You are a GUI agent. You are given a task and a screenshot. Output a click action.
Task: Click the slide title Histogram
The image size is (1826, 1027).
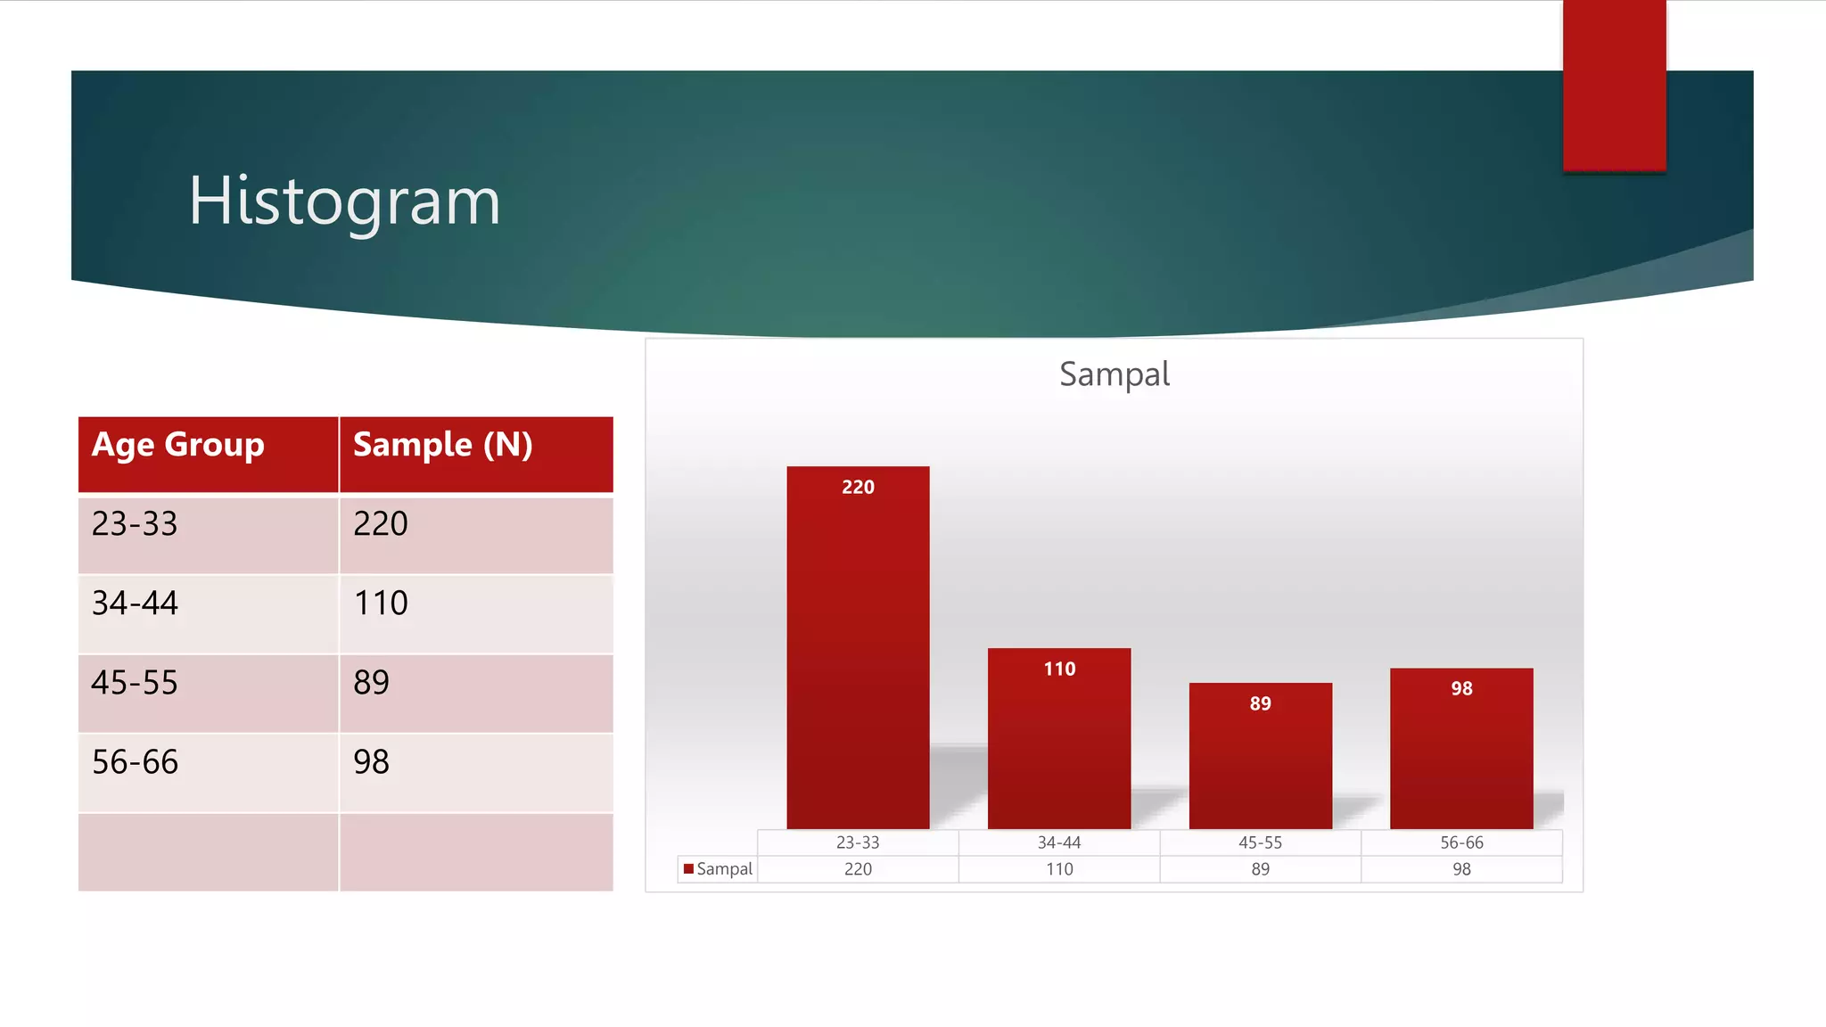[344, 201]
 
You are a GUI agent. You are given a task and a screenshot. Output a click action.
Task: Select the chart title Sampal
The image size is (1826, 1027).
[1114, 374]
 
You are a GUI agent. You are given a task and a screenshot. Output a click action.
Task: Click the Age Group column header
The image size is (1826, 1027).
[178, 445]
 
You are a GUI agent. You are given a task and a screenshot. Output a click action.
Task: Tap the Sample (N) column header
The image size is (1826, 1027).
[442, 445]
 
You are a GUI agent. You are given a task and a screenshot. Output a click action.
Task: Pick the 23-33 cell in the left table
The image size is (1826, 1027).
[135, 524]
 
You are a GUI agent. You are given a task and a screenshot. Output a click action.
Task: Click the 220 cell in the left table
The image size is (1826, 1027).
[381, 524]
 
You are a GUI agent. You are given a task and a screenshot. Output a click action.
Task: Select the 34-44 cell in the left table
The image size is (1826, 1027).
[135, 604]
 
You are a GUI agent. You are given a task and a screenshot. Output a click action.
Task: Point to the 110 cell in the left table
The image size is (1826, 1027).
[381, 604]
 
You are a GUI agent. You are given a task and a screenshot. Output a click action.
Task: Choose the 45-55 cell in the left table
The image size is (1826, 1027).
[135, 683]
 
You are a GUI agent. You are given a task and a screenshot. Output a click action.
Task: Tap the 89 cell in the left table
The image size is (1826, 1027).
[371, 683]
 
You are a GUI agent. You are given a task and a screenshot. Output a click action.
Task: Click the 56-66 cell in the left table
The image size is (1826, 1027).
[135, 762]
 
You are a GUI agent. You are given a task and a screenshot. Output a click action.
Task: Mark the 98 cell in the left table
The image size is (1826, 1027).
[371, 762]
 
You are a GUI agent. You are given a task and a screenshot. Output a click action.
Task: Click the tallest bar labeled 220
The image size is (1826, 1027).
[858, 651]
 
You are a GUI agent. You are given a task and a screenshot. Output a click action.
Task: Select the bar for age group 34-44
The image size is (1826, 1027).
[1059, 740]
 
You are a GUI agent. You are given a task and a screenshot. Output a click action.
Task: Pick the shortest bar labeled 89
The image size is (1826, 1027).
[1260, 758]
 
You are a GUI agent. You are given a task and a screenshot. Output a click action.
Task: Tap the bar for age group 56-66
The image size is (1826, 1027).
[1461, 749]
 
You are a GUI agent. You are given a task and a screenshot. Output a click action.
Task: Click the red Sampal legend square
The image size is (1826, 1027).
[688, 868]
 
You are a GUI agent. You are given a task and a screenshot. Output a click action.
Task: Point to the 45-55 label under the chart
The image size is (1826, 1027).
[1260, 842]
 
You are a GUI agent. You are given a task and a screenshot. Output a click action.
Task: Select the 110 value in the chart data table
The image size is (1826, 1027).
[1059, 869]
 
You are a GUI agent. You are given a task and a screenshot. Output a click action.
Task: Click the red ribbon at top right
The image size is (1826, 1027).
[1614, 85]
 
